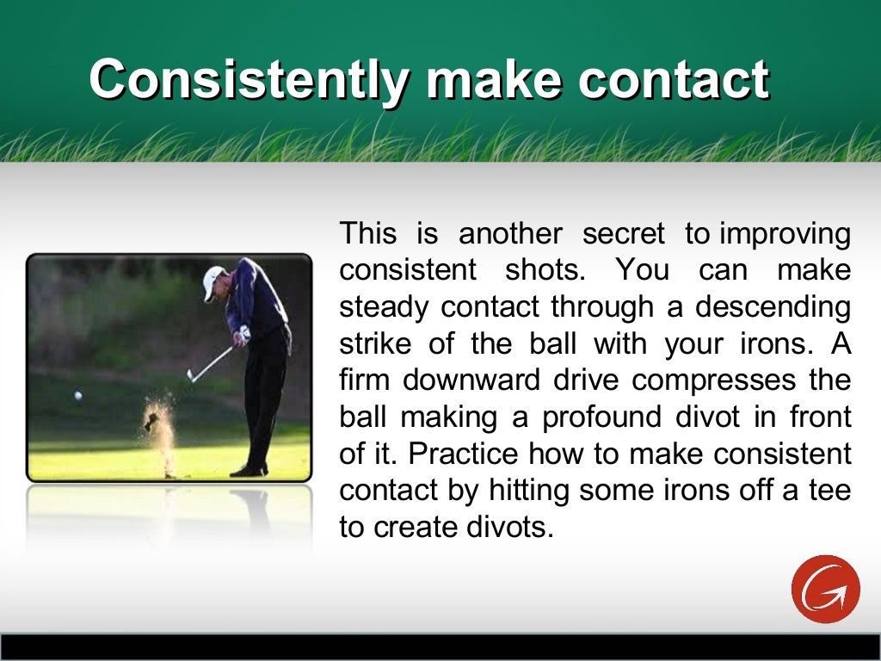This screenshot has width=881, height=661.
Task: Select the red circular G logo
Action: click(x=825, y=589)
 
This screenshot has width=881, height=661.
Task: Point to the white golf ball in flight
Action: click(x=78, y=396)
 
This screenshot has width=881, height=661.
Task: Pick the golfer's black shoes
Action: click(x=250, y=470)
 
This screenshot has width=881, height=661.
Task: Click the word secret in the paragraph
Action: click(x=624, y=233)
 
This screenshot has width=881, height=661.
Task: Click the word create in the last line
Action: click(x=420, y=527)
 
